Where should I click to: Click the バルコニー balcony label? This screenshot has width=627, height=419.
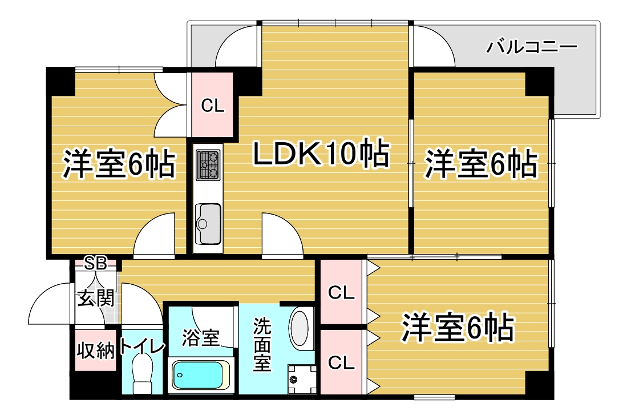[x=531, y=47]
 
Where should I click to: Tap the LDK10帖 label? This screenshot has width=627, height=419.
[x=321, y=154]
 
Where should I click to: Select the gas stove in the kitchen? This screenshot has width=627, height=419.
[x=208, y=165]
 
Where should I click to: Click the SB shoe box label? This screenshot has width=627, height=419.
[x=96, y=264]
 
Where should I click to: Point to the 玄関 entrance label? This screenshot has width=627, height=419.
[x=96, y=298]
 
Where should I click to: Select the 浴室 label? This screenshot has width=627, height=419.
[x=201, y=337]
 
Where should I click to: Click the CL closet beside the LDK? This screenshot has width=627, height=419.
[x=212, y=105]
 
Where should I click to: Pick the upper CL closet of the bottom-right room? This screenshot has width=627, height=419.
[x=341, y=292]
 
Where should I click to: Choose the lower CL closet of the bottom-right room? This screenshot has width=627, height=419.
[x=341, y=362]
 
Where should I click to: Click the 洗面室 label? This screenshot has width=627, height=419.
[x=262, y=344]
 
